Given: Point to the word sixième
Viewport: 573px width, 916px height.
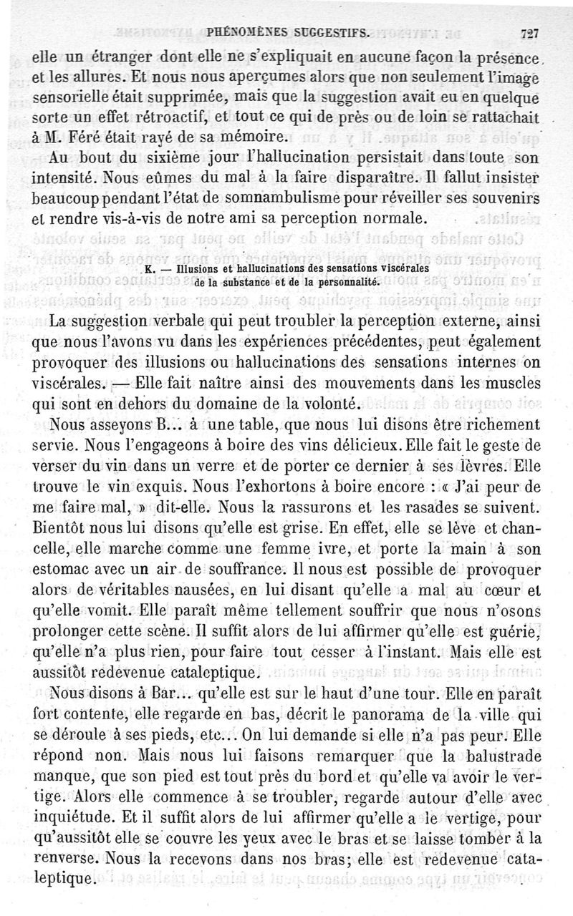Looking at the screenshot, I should click(164, 157).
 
